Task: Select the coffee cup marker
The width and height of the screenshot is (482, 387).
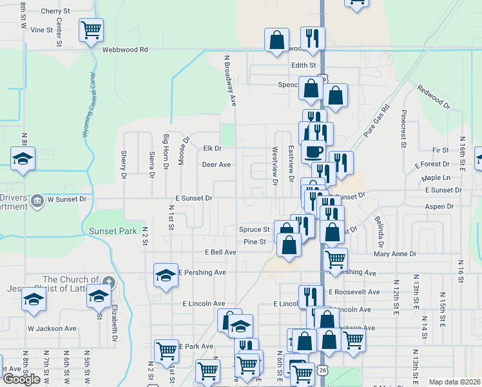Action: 313,152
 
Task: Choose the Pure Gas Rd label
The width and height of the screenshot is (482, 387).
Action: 376,120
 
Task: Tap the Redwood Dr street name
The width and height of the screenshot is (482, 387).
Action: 434,94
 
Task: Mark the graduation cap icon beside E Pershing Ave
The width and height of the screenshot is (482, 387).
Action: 166,275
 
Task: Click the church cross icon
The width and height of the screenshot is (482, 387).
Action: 110,281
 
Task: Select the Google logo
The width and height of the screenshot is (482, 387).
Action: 21,379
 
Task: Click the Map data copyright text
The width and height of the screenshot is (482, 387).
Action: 454,382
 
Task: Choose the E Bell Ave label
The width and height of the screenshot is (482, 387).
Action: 220,252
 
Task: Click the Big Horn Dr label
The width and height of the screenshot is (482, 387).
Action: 166,152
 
